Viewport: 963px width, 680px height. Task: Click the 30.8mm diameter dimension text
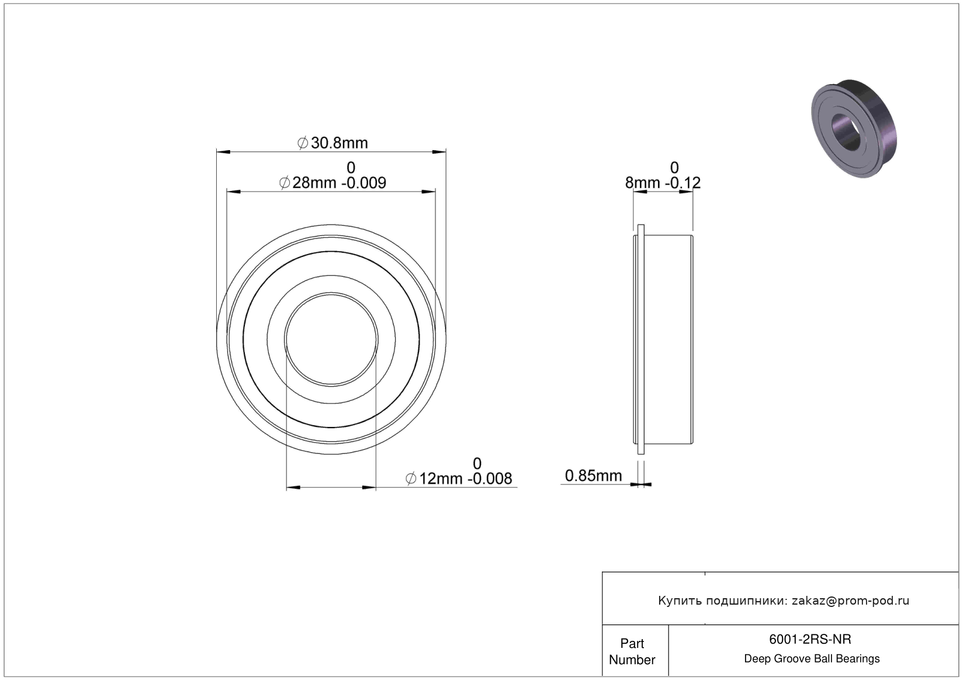[x=332, y=143]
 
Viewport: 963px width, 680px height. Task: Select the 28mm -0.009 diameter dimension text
[x=332, y=183]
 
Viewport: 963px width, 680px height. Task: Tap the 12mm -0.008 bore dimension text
[x=459, y=478]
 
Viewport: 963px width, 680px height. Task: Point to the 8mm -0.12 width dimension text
[x=663, y=183]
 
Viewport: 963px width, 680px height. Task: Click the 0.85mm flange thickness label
[x=593, y=476]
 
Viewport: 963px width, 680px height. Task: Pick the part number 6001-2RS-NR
[x=810, y=639]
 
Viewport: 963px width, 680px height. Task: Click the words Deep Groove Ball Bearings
[x=812, y=658]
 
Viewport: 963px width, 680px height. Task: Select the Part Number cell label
[x=632, y=651]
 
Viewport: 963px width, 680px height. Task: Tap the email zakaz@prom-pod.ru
[x=850, y=601]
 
